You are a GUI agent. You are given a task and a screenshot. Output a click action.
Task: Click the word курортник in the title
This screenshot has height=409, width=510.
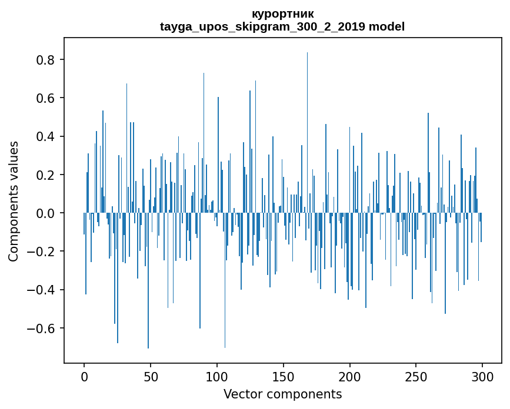(282, 14)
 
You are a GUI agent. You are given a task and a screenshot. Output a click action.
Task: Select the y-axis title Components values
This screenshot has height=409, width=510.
(14, 201)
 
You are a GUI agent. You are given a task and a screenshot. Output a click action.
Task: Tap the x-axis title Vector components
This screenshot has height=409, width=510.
(282, 394)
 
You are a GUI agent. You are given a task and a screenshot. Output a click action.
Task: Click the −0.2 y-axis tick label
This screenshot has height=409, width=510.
(43, 252)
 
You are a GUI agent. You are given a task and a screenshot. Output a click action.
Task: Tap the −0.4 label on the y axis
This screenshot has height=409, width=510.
(43, 290)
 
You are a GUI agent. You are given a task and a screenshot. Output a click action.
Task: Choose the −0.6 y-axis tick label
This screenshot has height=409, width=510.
(43, 328)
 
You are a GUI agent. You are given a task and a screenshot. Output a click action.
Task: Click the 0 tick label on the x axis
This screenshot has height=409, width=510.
(84, 376)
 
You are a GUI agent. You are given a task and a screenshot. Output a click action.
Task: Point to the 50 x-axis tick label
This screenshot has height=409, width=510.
(151, 376)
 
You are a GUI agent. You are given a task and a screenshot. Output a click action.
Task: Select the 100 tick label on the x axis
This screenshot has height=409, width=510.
(217, 376)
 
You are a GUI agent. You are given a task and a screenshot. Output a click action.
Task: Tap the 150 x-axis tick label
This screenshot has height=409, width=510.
(284, 376)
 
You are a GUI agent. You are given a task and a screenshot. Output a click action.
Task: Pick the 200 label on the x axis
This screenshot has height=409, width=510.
(350, 376)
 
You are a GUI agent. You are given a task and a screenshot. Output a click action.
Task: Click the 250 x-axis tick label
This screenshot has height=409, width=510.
(416, 376)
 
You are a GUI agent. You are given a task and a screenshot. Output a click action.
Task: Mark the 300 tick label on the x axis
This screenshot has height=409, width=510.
(482, 376)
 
